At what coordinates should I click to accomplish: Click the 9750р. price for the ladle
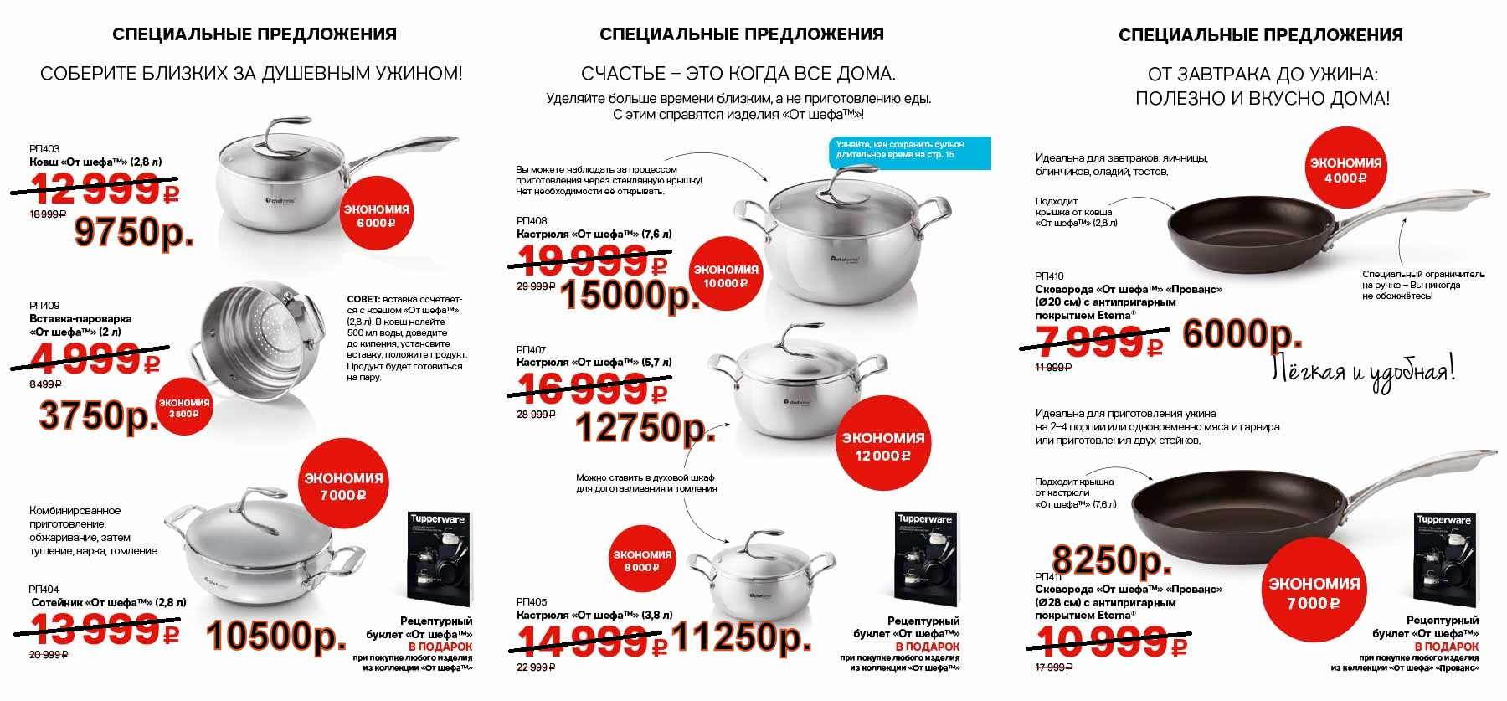click(134, 232)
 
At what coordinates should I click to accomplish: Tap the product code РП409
click(44, 306)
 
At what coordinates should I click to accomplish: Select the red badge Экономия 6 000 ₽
click(376, 216)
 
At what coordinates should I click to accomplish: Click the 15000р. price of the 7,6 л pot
click(630, 295)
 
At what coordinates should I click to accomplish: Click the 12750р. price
click(645, 429)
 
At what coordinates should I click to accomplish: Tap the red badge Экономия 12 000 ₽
click(882, 446)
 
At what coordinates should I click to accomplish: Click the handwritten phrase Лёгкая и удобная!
click(1363, 370)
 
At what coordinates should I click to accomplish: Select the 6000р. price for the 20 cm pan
click(1242, 335)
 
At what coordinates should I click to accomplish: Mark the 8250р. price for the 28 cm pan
click(1112, 560)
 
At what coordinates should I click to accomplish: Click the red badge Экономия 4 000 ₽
click(1345, 170)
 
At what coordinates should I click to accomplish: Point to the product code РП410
click(1049, 276)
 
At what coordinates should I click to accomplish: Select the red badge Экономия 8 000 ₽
click(642, 561)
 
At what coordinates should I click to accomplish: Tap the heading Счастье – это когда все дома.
click(738, 74)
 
